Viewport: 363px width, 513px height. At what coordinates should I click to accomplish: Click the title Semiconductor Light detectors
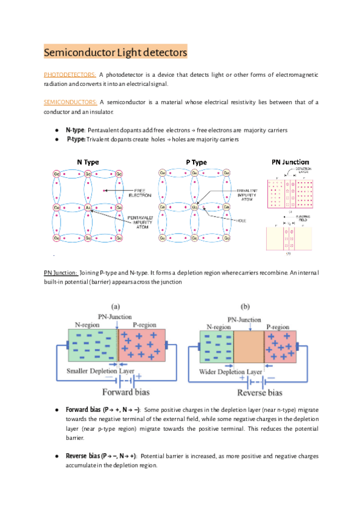115,53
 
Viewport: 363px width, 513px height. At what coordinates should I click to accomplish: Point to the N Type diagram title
88,162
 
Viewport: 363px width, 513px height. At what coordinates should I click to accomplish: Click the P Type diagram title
196,162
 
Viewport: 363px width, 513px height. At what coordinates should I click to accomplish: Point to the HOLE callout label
242,220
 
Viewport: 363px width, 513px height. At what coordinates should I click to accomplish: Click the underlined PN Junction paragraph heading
60,273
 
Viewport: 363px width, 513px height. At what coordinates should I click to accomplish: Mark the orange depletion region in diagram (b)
249,347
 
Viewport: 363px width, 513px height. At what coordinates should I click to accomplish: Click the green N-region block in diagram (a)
90,347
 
